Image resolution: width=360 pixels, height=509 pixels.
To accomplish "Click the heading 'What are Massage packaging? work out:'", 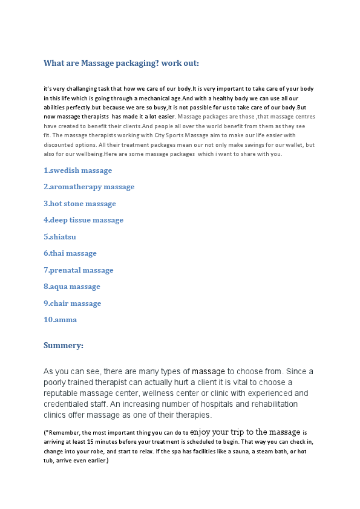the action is (x=121, y=63).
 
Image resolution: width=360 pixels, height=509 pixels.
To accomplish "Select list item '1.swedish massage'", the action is (x=78, y=170).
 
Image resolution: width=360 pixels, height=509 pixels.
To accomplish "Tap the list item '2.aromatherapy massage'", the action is (x=89, y=187).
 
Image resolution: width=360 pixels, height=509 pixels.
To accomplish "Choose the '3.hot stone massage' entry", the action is (x=80, y=204).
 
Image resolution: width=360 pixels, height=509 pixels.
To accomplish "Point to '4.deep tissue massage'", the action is (x=83, y=220).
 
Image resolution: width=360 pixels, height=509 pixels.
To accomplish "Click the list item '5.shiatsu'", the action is (x=60, y=237).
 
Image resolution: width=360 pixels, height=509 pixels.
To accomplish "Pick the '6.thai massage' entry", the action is (x=70, y=253).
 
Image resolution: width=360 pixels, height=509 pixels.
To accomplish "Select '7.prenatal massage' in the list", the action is (x=79, y=270).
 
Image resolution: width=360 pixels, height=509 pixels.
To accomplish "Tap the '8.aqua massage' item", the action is (x=72, y=287).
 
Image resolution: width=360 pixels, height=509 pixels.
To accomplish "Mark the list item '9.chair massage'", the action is (x=73, y=303).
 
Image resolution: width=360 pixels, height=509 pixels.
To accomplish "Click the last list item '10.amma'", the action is (x=61, y=320).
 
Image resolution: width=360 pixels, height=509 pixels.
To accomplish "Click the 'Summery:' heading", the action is (x=64, y=346).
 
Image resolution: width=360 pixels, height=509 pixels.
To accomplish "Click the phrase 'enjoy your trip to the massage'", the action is (x=245, y=432).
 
